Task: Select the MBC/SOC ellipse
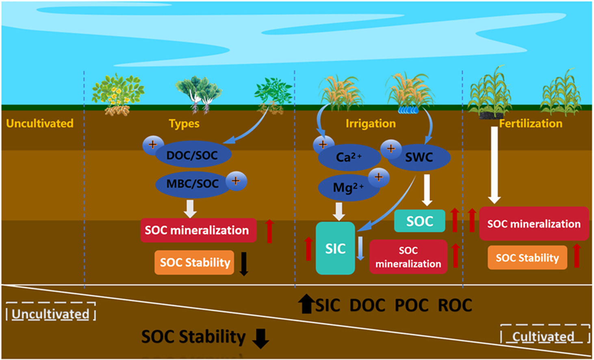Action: [x=193, y=184]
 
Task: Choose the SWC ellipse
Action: [x=419, y=157]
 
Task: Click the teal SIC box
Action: [x=336, y=248]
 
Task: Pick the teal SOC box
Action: [x=420, y=221]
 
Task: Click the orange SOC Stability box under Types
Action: [x=195, y=262]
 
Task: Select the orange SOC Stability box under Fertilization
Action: [x=527, y=258]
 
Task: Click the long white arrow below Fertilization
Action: [x=494, y=165]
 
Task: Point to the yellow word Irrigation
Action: [x=371, y=124]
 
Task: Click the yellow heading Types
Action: [x=184, y=124]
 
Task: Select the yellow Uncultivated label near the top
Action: [x=40, y=123]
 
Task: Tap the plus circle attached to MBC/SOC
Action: [x=236, y=180]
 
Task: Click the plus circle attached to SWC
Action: [x=391, y=149]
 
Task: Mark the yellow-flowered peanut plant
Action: [x=118, y=94]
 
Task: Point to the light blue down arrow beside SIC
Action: [x=360, y=248]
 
